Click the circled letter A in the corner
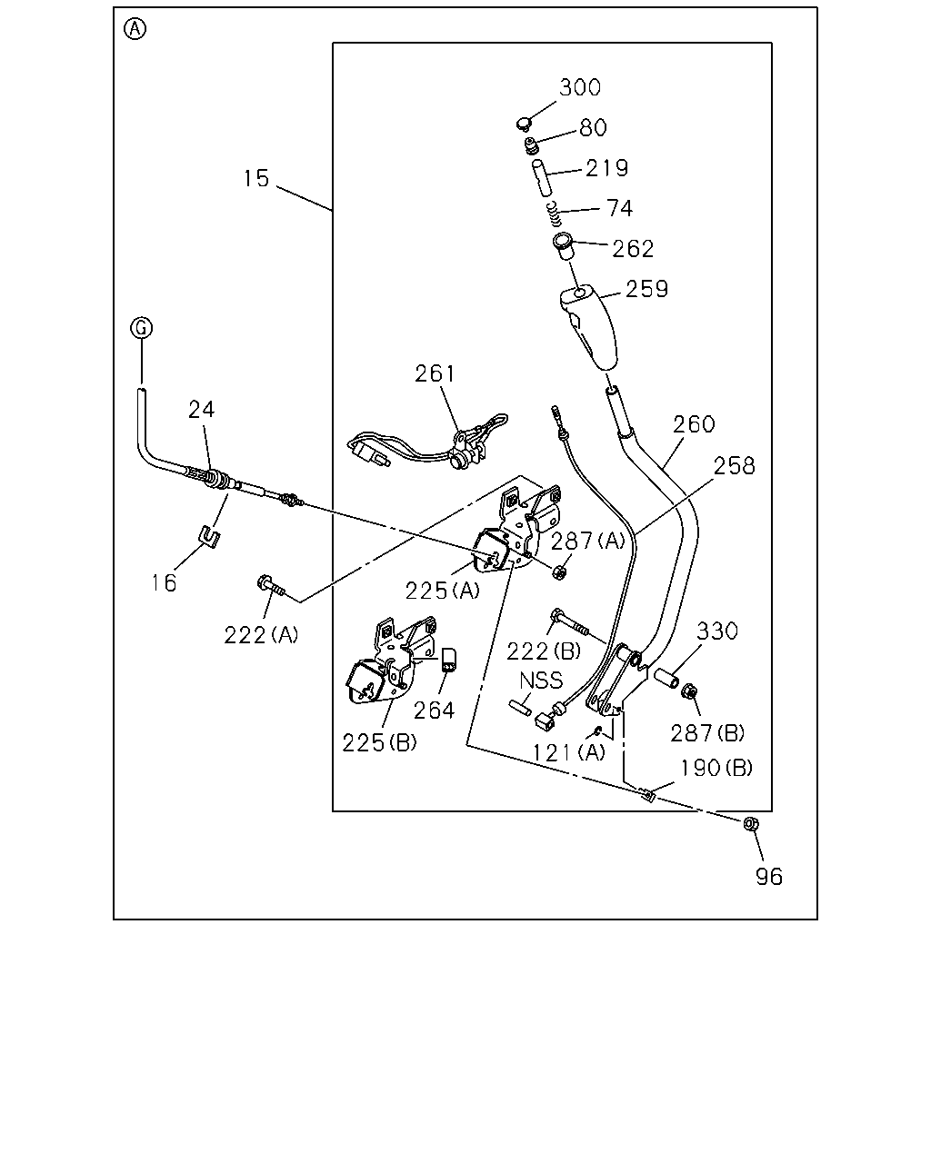point(135,29)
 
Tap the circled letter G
point(142,327)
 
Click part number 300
point(580,87)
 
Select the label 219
point(607,168)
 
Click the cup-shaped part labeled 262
point(564,247)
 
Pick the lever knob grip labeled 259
point(588,328)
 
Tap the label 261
point(435,373)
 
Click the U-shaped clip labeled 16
point(210,537)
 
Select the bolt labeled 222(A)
point(271,586)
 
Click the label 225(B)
point(379,743)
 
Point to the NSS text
point(541,681)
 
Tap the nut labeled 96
point(751,823)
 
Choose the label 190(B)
point(716,768)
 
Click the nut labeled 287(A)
point(559,572)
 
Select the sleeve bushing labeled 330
point(666,678)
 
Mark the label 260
point(694,424)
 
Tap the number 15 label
point(255,178)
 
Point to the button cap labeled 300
point(524,124)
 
